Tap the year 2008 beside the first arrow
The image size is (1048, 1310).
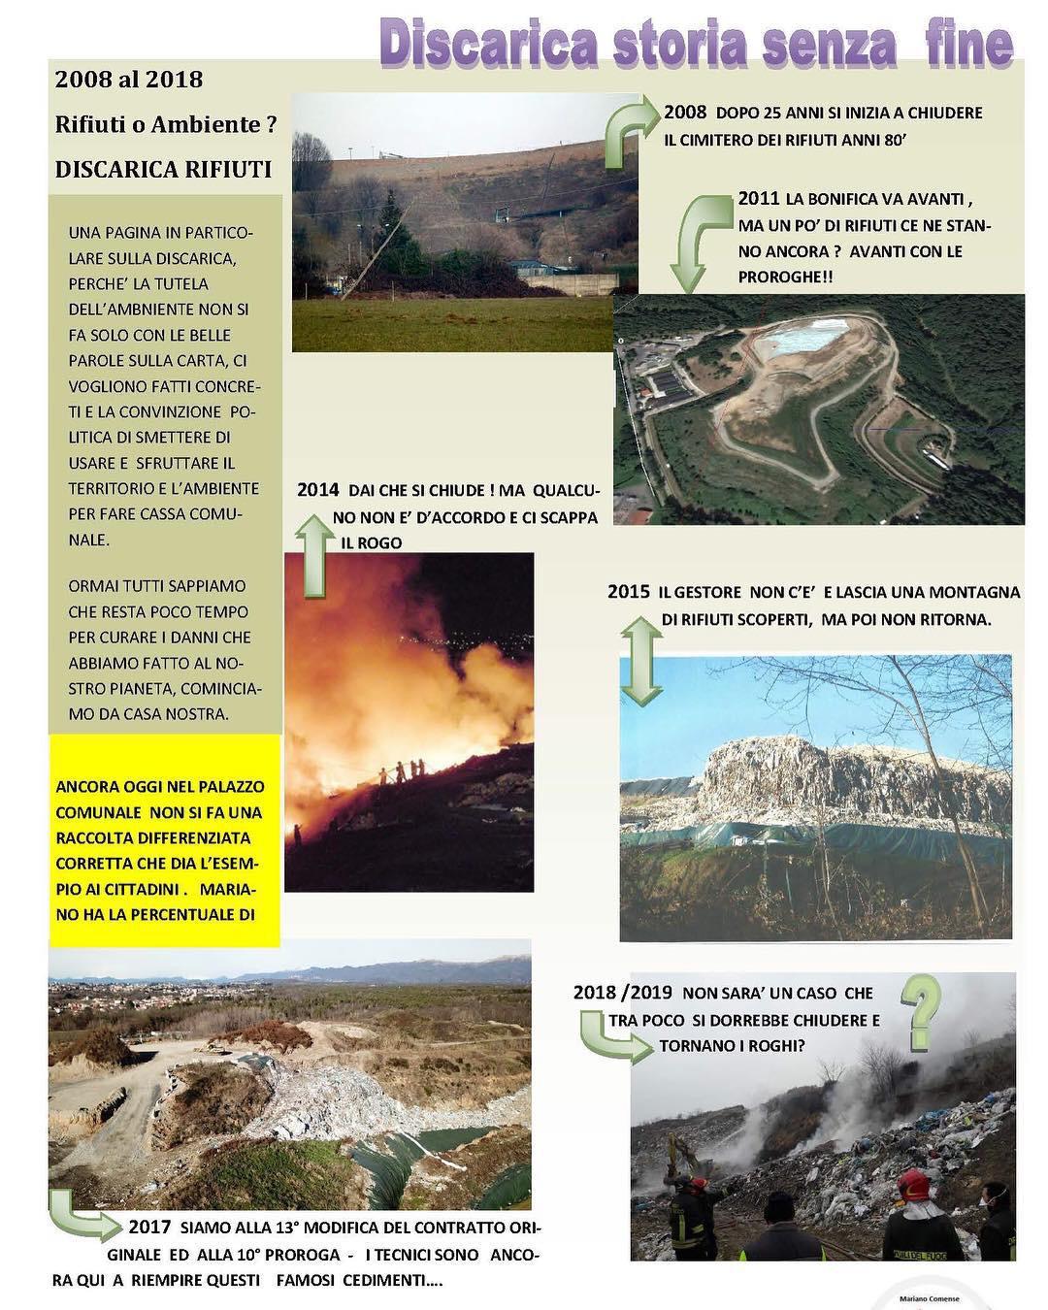pos(684,112)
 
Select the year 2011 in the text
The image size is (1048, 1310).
pos(758,198)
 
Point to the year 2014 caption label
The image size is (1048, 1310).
pos(317,490)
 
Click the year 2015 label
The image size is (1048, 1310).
pos(628,591)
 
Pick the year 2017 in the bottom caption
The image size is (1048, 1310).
pos(148,1227)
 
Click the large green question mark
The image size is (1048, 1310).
pos(923,1012)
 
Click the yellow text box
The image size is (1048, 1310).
pos(164,840)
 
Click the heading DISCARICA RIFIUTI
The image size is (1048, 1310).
pos(163,169)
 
